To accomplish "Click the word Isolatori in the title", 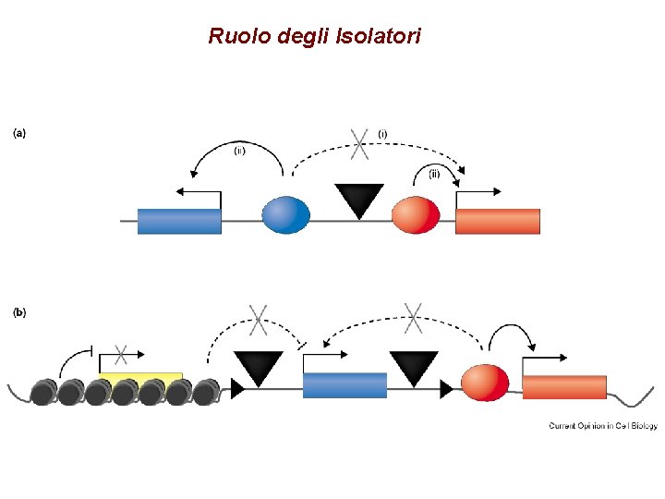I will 380,37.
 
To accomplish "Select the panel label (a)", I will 18,132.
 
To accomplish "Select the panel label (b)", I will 18,312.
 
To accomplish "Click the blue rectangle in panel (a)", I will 179,221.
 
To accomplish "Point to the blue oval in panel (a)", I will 285,214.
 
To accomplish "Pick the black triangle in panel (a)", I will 358,198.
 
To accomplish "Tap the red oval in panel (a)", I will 416,214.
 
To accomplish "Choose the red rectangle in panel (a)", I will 498,221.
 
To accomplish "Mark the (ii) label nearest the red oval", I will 433,173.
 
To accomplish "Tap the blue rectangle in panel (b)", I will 345,384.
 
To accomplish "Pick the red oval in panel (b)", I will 484,383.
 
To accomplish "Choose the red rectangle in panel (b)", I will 564,386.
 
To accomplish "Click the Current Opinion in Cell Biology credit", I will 602,426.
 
